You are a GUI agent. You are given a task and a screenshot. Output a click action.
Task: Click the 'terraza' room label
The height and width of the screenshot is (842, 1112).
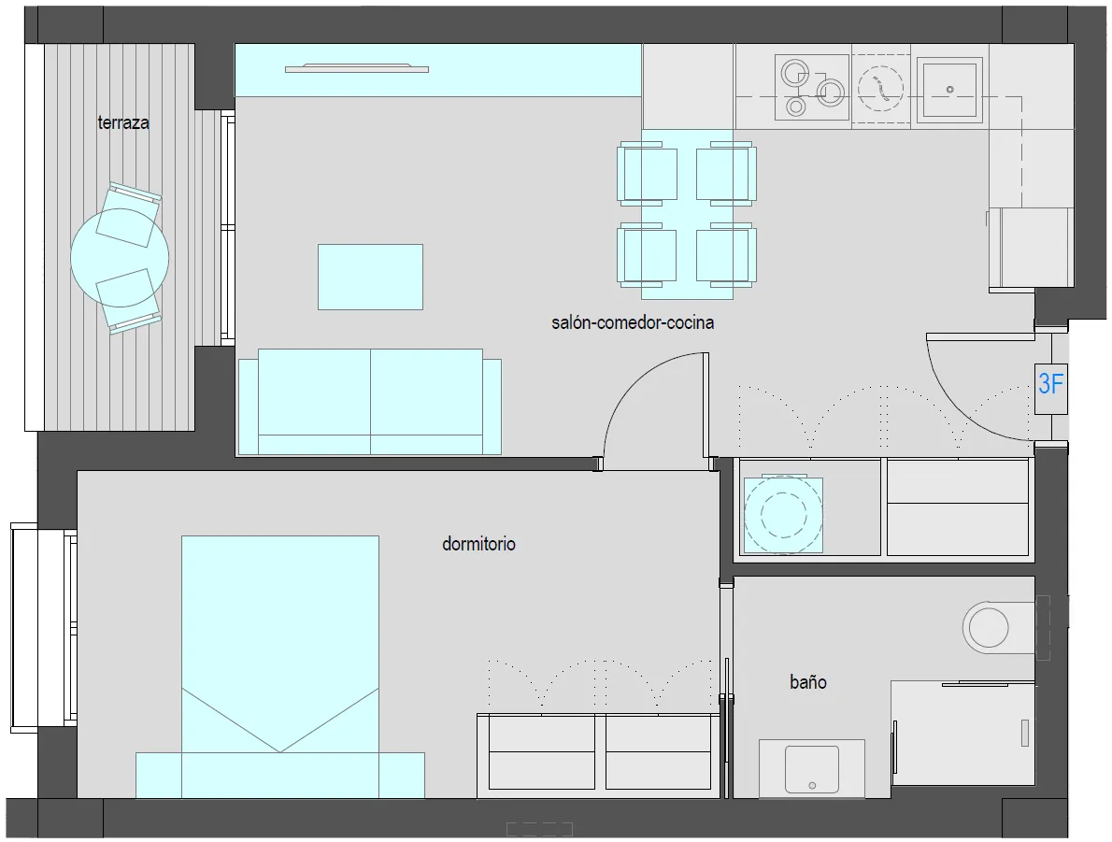click(x=123, y=122)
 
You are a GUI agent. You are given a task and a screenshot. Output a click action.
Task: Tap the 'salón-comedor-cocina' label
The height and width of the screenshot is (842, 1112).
click(x=633, y=322)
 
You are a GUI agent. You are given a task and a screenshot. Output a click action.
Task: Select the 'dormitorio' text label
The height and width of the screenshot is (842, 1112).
click(x=478, y=544)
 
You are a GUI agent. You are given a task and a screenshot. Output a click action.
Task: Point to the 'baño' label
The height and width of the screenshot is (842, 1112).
click(x=808, y=681)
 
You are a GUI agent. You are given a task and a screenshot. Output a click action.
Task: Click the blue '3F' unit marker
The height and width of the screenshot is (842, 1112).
click(x=1050, y=384)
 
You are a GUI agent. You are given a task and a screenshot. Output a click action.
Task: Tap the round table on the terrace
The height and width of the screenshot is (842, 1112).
click(x=120, y=258)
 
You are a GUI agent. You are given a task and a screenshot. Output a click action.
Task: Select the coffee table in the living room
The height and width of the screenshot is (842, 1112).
click(x=370, y=277)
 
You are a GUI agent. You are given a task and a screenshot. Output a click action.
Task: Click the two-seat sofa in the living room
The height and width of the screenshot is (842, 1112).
click(x=370, y=402)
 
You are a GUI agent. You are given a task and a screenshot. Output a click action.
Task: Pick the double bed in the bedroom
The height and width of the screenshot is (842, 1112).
click(x=280, y=667)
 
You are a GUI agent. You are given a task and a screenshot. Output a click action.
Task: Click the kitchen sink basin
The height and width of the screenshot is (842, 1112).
click(x=949, y=89)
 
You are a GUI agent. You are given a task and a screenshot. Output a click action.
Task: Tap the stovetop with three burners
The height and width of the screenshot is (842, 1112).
click(x=812, y=87)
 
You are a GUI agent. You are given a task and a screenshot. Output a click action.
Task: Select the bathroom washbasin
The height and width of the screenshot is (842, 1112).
click(x=812, y=769)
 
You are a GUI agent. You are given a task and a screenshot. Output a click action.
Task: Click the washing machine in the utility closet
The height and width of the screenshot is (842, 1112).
click(x=783, y=515)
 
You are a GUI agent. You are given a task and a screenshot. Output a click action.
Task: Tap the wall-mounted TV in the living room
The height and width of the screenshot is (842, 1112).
click(x=357, y=69)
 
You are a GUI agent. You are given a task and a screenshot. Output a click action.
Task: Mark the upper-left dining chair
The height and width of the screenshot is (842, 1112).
click(x=647, y=173)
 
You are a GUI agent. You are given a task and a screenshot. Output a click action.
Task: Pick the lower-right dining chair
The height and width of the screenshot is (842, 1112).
click(x=726, y=255)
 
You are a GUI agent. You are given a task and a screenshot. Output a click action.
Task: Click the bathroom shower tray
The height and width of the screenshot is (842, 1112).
click(x=963, y=733)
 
